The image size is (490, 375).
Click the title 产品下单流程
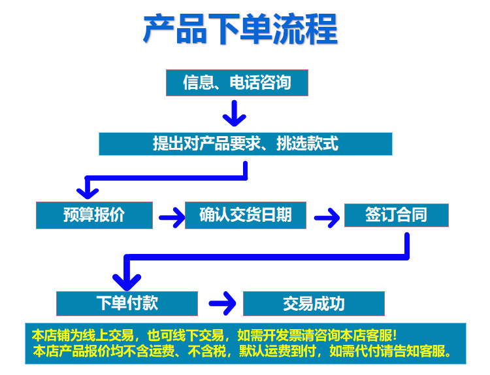pos(240,30)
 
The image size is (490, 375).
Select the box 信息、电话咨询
pos(237,83)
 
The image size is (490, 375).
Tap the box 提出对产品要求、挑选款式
pos(245,144)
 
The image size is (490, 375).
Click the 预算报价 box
pos(94,215)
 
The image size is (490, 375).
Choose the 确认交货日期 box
pos(245,215)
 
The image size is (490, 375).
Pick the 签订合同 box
pos(396,215)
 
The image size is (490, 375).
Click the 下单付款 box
pos(127,304)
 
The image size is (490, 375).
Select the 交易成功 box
pos(314,304)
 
